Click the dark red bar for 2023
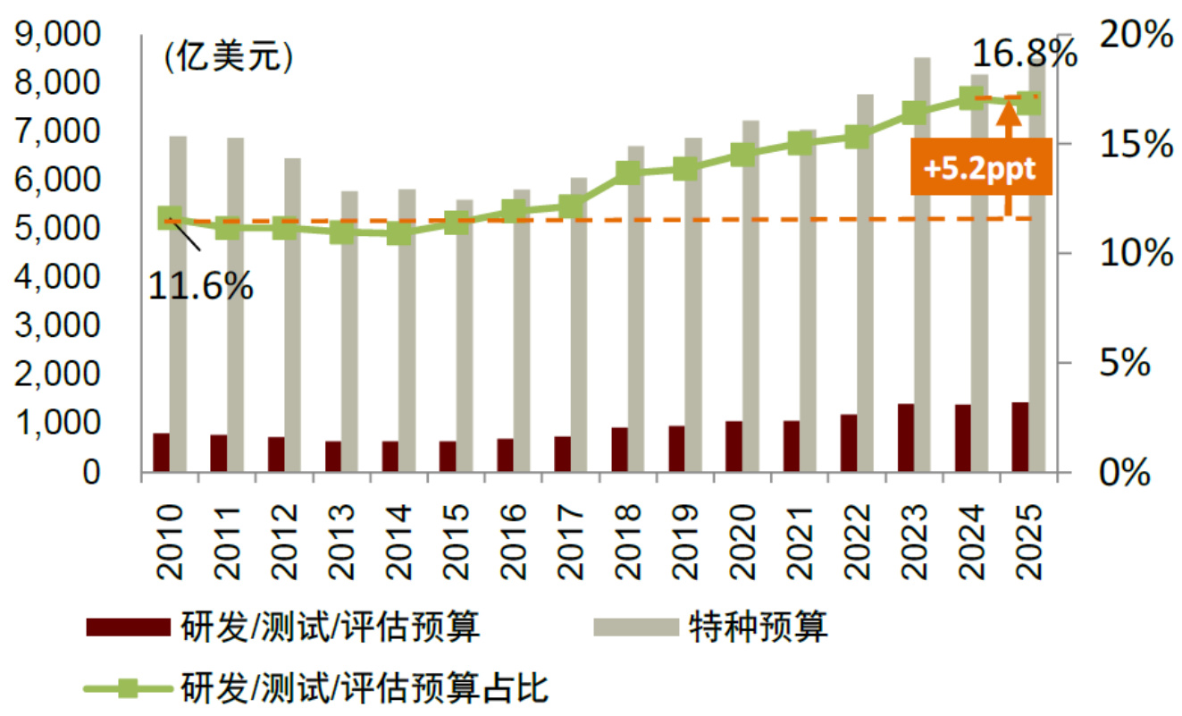tap(906, 438)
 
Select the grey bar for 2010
tap(178, 304)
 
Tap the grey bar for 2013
tap(349, 331)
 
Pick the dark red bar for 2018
tap(620, 450)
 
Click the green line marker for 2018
tap(629, 173)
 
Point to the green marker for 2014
tap(399, 234)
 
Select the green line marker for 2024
tap(973, 98)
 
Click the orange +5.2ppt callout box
tap(980, 169)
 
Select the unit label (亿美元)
tap(228, 59)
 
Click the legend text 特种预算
tap(759, 628)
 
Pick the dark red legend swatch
tap(127, 628)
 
